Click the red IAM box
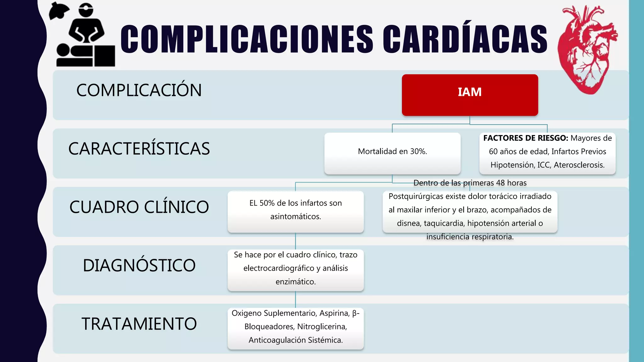tap(470, 95)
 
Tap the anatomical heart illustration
tap(587, 50)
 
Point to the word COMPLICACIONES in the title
tap(247, 39)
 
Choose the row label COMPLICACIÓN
tap(139, 90)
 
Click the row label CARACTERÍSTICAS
tap(139, 149)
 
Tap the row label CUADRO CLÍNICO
tap(139, 207)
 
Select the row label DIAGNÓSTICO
tap(139, 266)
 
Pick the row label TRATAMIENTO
tap(139, 324)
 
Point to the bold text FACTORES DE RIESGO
tap(525, 138)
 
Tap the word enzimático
tap(296, 282)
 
